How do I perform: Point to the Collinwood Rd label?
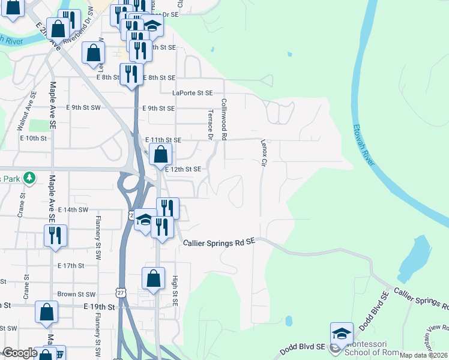(223, 119)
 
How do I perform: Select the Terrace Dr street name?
(211, 124)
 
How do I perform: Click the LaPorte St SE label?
(193, 93)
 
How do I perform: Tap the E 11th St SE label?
(165, 140)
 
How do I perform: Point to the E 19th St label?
(99, 306)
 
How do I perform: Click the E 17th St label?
(71, 265)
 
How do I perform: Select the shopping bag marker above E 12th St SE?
(160, 155)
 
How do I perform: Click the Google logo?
(20, 353)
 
